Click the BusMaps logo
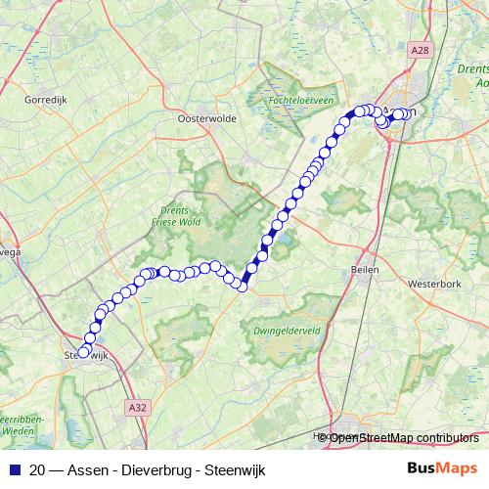443,468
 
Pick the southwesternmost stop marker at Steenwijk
83,353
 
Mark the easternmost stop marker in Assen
405,114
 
